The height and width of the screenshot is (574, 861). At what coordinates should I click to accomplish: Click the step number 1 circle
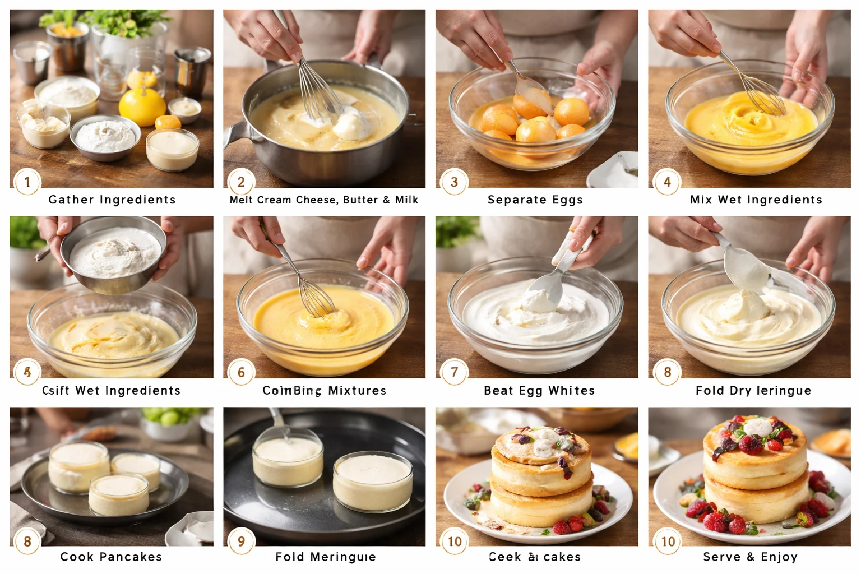tap(27, 182)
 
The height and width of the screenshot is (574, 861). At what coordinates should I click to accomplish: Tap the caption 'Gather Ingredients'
tap(112, 200)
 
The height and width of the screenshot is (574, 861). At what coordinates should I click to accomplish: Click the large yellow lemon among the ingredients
tap(142, 106)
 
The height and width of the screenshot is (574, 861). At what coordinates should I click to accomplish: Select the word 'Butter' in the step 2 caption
tap(360, 200)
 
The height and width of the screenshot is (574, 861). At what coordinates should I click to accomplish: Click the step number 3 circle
tap(454, 182)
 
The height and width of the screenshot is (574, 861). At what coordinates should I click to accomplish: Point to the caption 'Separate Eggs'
tap(535, 200)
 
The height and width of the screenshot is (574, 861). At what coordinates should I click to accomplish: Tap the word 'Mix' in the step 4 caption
tap(701, 200)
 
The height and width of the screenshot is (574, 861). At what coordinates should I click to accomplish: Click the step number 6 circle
tap(241, 372)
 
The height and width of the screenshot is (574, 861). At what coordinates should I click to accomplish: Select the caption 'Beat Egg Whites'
tap(539, 390)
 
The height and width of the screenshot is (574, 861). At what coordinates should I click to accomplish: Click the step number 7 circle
tap(454, 372)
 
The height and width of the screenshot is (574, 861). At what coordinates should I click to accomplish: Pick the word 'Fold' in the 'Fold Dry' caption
tap(710, 390)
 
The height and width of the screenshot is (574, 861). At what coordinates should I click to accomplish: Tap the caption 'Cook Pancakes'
tap(111, 557)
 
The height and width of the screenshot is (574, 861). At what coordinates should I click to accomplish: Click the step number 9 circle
tap(241, 541)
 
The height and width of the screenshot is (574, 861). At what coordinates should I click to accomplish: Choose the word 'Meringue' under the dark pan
tap(342, 557)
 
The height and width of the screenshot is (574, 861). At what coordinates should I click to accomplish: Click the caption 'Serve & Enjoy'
tap(750, 557)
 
